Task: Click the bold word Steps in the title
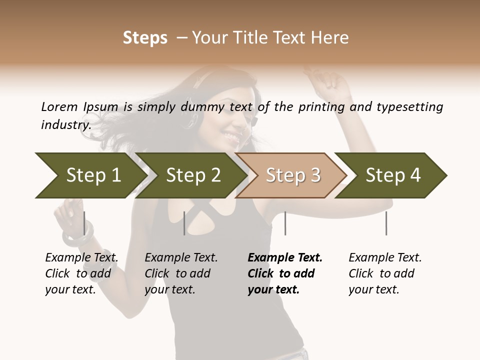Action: (145, 38)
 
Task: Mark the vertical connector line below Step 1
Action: (84, 223)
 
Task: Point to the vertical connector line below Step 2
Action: (184, 223)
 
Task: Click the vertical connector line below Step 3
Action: (285, 223)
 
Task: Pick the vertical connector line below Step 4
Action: (386, 223)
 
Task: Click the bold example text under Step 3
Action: (285, 273)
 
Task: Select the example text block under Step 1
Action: (81, 273)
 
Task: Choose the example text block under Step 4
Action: (385, 273)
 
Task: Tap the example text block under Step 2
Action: (181, 273)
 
